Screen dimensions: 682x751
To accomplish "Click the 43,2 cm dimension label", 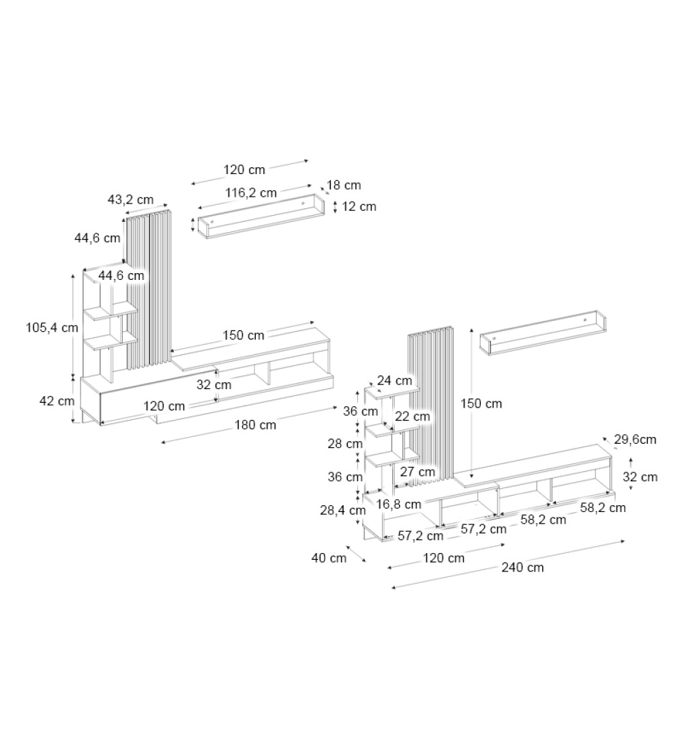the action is (130, 200).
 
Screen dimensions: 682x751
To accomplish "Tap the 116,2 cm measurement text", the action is (251, 193).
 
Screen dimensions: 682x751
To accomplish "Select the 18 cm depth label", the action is (344, 185).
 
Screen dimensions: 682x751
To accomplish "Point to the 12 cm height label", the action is (359, 207).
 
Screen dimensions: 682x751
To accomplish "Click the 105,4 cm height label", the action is (52, 328).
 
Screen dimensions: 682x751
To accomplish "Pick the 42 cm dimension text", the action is (57, 401).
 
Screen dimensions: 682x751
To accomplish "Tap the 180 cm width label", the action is (255, 425).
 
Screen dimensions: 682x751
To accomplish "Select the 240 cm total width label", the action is (522, 567).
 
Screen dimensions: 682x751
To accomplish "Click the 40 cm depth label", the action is (329, 558).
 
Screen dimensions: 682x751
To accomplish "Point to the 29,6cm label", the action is (635, 440).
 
